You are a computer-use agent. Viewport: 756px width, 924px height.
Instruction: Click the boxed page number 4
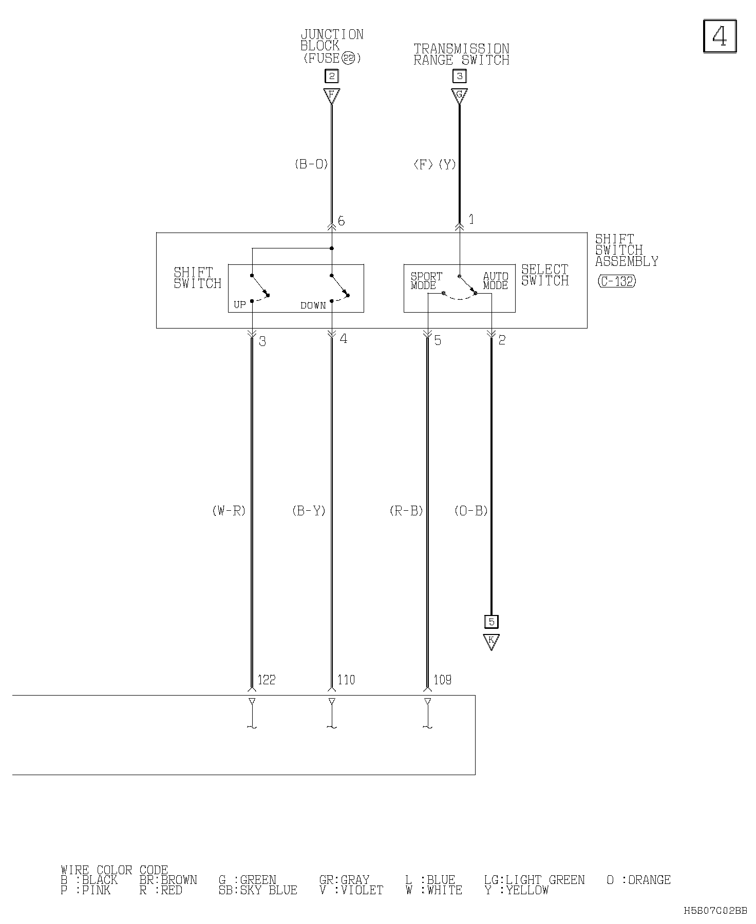pyautogui.click(x=720, y=36)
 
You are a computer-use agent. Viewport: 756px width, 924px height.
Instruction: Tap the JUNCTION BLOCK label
pyautogui.click(x=332, y=40)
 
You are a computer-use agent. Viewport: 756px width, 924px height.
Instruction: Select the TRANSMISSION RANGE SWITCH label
pyautogui.click(x=461, y=54)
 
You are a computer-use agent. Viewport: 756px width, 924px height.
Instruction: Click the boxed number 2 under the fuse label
pyautogui.click(x=332, y=76)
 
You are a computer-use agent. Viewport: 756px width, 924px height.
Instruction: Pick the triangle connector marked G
pyautogui.click(x=459, y=95)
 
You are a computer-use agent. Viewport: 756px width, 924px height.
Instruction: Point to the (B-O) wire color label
pyautogui.click(x=311, y=164)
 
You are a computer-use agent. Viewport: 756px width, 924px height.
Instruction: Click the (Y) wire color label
pyautogui.click(x=447, y=164)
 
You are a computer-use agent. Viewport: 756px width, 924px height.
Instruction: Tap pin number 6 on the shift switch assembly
pyautogui.click(x=342, y=221)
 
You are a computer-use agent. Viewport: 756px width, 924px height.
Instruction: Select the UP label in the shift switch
pyautogui.click(x=240, y=305)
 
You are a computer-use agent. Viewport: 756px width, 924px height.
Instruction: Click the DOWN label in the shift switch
pyautogui.click(x=313, y=305)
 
